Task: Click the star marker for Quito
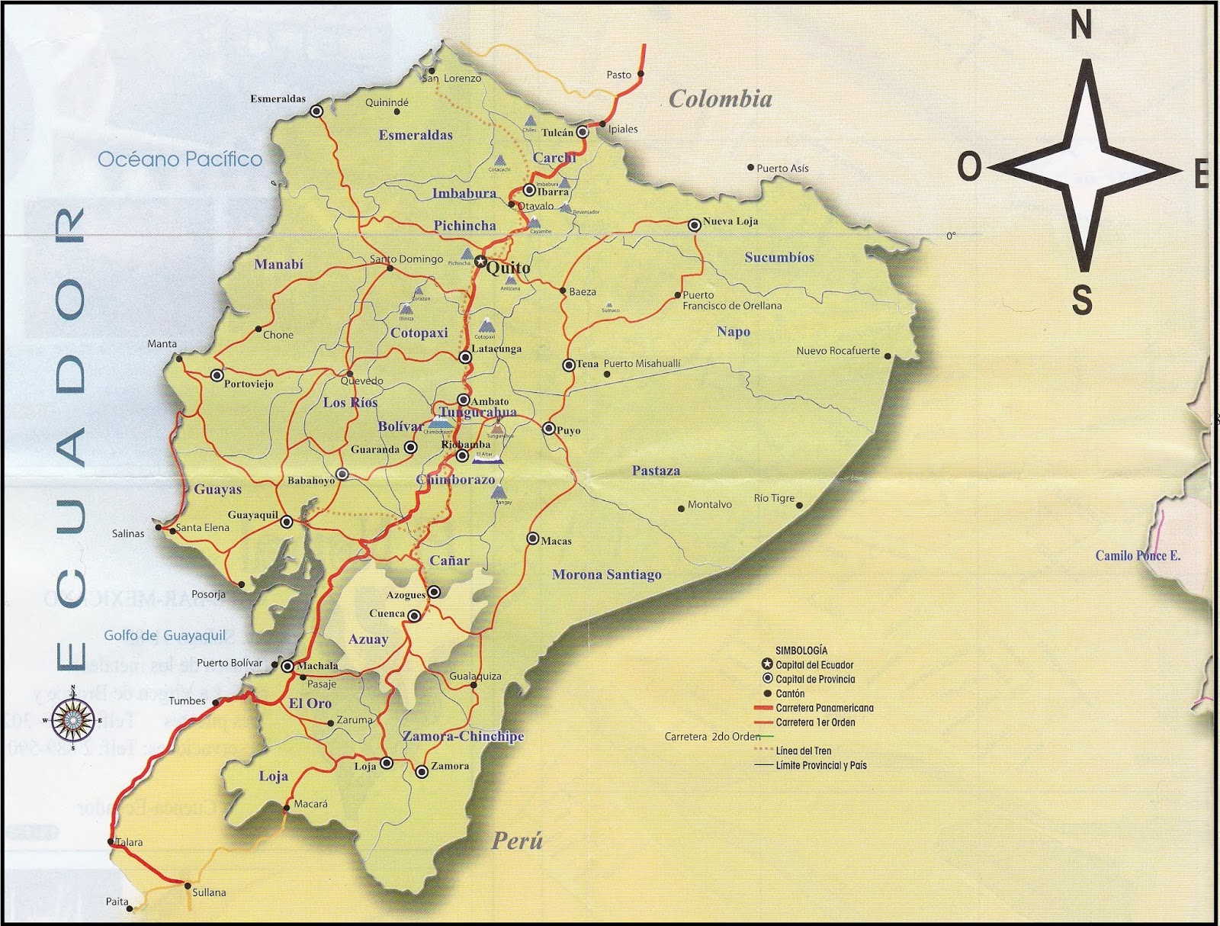(x=480, y=261)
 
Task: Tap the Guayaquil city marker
(x=286, y=522)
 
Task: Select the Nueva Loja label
(x=730, y=221)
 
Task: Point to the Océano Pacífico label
(x=180, y=159)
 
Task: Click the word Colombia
(x=720, y=98)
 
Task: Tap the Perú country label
(x=516, y=841)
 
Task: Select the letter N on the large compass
(x=1081, y=26)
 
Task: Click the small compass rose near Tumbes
(x=73, y=719)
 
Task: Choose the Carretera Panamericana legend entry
(x=823, y=708)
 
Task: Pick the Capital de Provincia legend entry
(x=814, y=679)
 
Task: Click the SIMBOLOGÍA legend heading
(x=801, y=651)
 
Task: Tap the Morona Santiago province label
(x=606, y=574)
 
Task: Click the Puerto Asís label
(x=782, y=168)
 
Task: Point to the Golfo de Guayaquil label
(x=165, y=635)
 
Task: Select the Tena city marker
(x=569, y=365)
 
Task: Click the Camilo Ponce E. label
(x=1137, y=555)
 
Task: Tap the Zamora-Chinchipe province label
(x=463, y=736)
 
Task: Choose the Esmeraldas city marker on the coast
(x=316, y=111)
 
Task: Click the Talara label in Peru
(x=129, y=842)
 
